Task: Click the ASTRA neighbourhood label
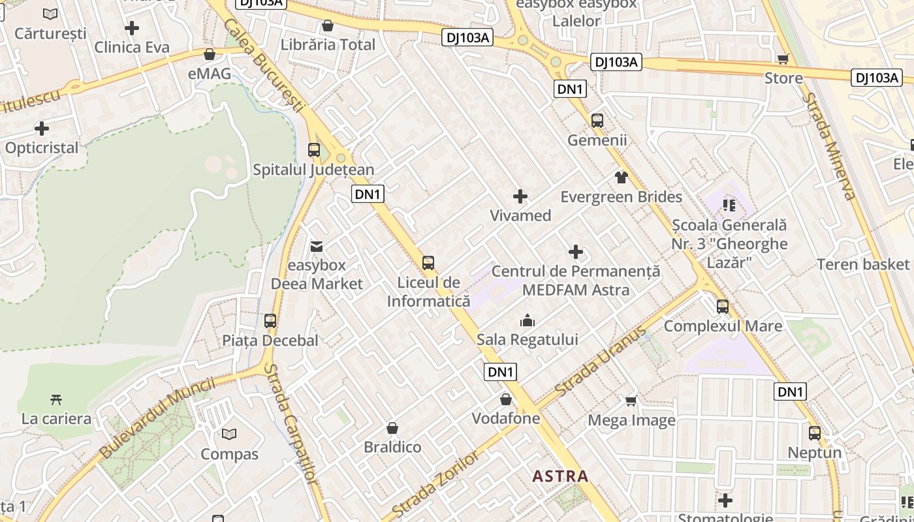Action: pyautogui.click(x=560, y=476)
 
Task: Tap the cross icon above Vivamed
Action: pyautogui.click(x=520, y=196)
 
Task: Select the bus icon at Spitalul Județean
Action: pyautogui.click(x=314, y=150)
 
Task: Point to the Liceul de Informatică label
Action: pyautogui.click(x=428, y=292)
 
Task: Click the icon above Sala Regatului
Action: pyautogui.click(x=527, y=320)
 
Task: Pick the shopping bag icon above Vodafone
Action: pyautogui.click(x=505, y=399)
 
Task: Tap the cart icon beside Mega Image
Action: pyautogui.click(x=631, y=401)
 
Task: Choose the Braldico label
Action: pyautogui.click(x=392, y=448)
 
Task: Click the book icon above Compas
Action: pyautogui.click(x=229, y=434)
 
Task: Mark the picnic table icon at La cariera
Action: pyautogui.click(x=56, y=399)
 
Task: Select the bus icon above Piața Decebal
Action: pyautogui.click(x=270, y=321)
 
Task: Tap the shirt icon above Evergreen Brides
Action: pyautogui.click(x=621, y=177)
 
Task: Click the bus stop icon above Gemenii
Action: pyautogui.click(x=597, y=121)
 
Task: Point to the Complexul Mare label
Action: pyautogui.click(x=723, y=326)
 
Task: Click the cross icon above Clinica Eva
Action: pyautogui.click(x=132, y=28)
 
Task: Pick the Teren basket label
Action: pyautogui.click(x=863, y=264)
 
